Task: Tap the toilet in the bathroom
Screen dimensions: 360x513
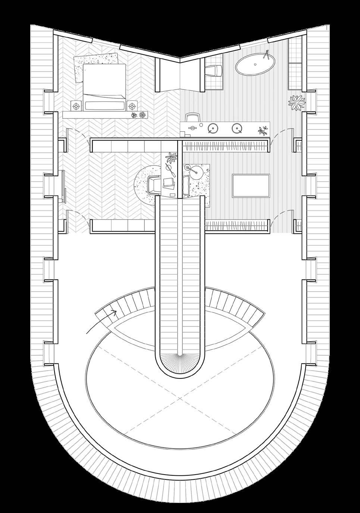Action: pyautogui.click(x=215, y=70)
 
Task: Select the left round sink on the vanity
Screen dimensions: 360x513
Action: pyautogui.click(x=213, y=129)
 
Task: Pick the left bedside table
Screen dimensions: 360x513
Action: pyautogui.click(x=76, y=106)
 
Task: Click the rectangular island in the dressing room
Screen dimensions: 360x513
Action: pyautogui.click(x=251, y=185)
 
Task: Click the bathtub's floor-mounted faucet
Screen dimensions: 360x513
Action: pyautogui.click(x=266, y=55)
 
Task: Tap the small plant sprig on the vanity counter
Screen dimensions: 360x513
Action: pyautogui.click(x=263, y=130)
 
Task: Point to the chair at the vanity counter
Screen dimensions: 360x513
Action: pyautogui.click(x=192, y=118)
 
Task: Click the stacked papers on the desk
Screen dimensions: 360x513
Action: pyautogui.click(x=168, y=182)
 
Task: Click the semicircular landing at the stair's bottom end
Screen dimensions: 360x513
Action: pyautogui.click(x=181, y=363)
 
